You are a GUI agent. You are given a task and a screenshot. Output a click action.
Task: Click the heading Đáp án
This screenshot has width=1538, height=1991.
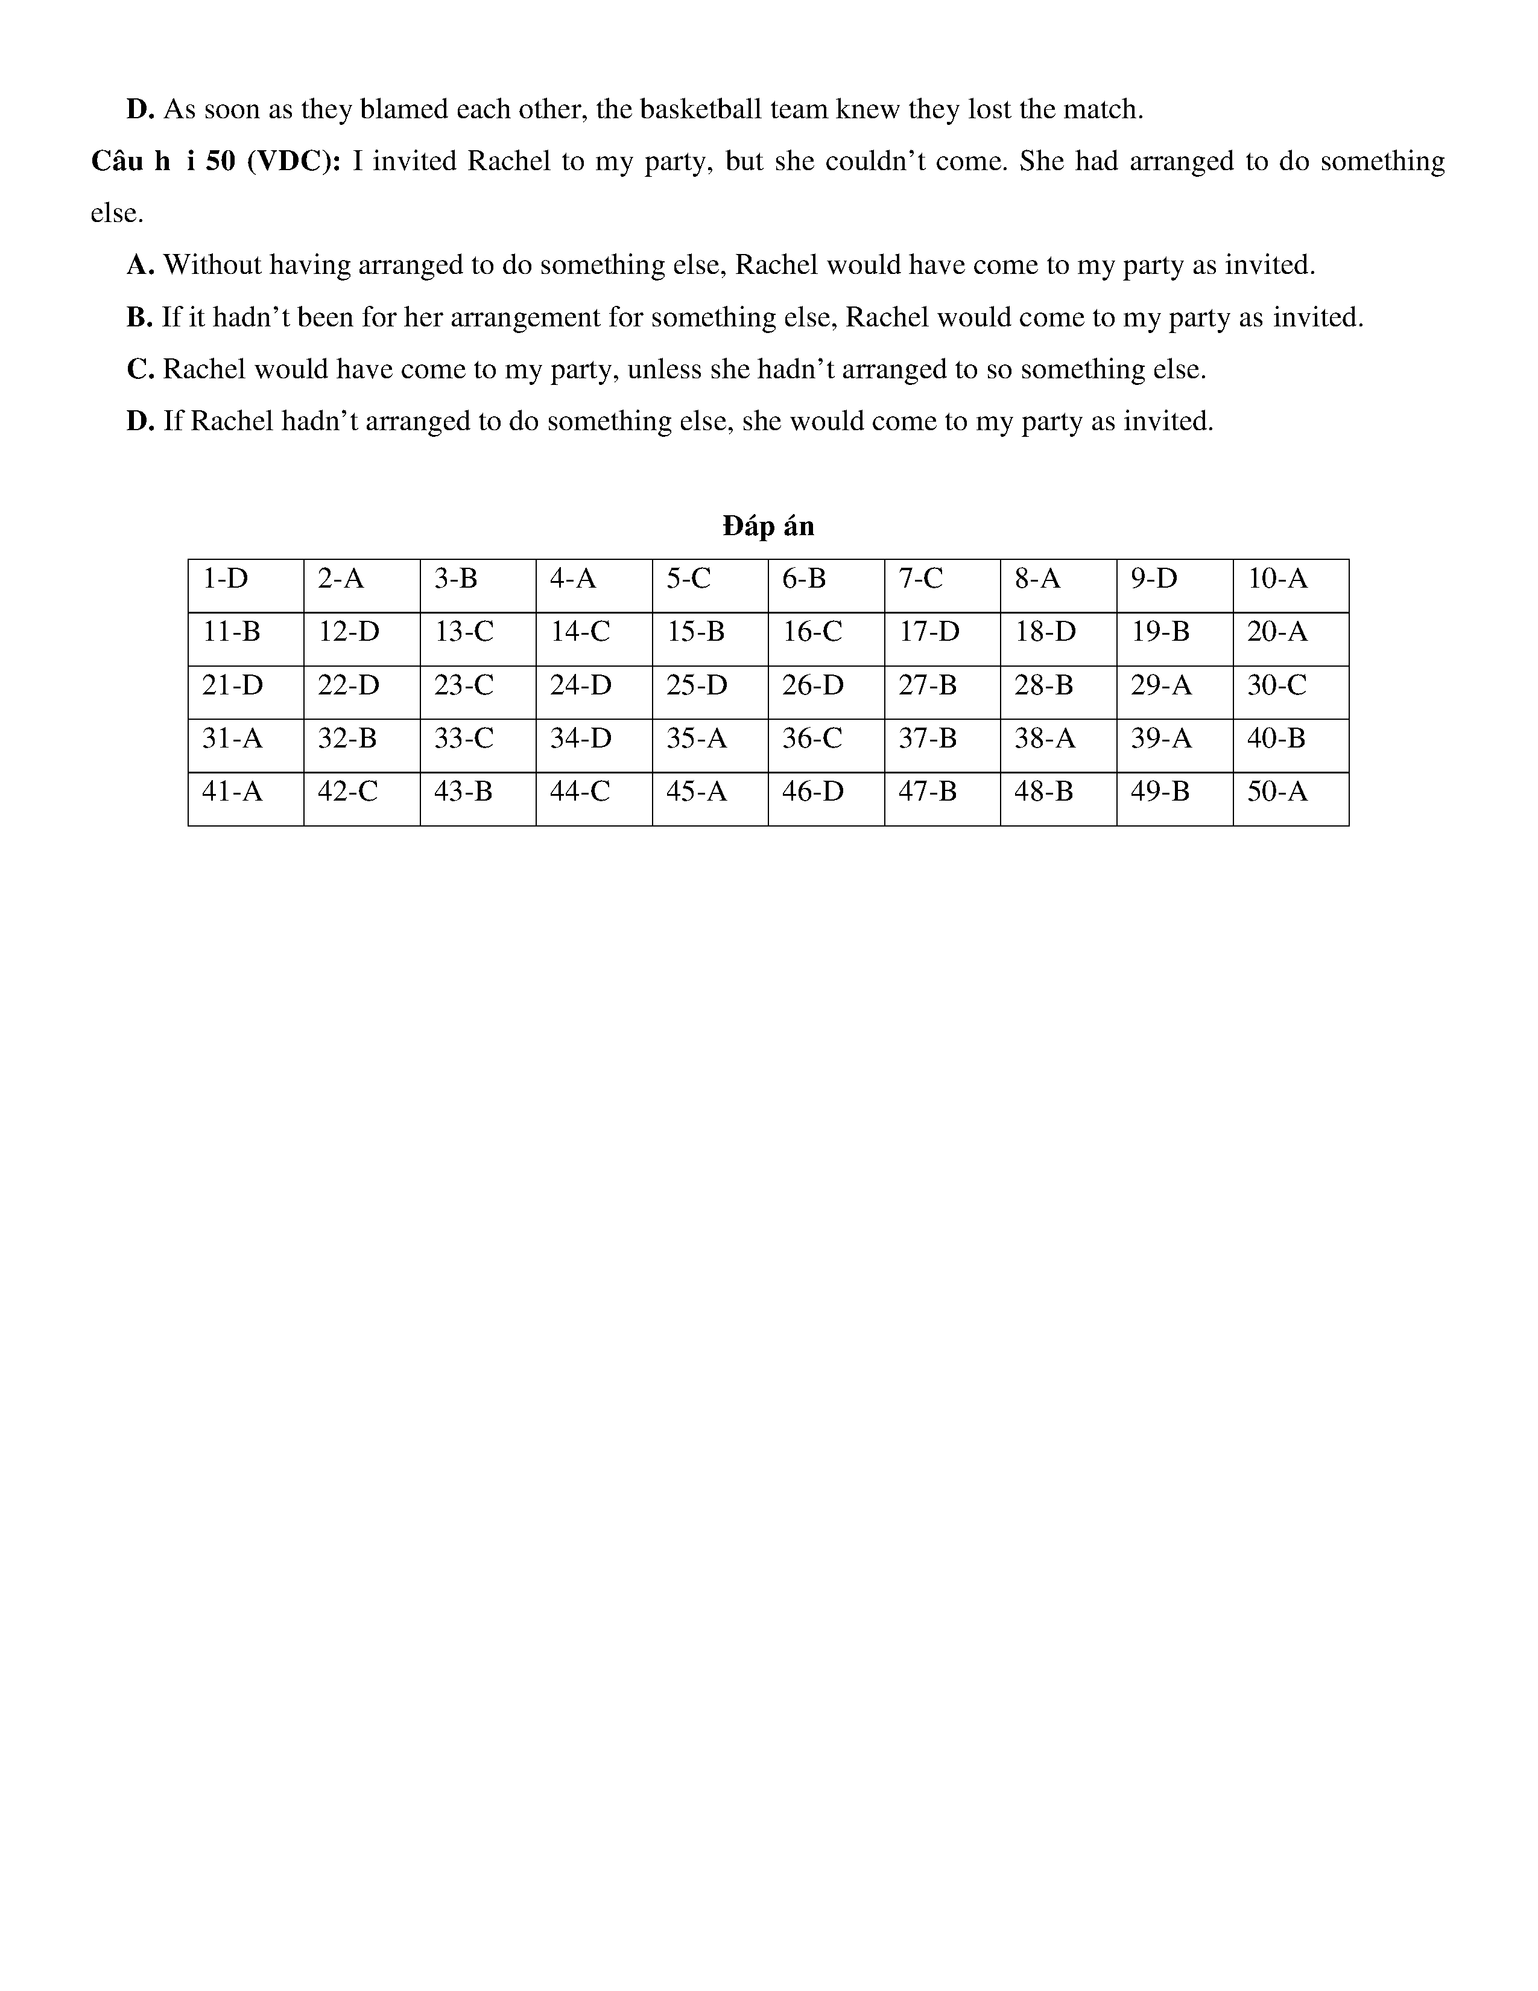[768, 526]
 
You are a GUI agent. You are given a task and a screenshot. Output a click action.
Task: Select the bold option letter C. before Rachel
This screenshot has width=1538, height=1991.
[141, 369]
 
